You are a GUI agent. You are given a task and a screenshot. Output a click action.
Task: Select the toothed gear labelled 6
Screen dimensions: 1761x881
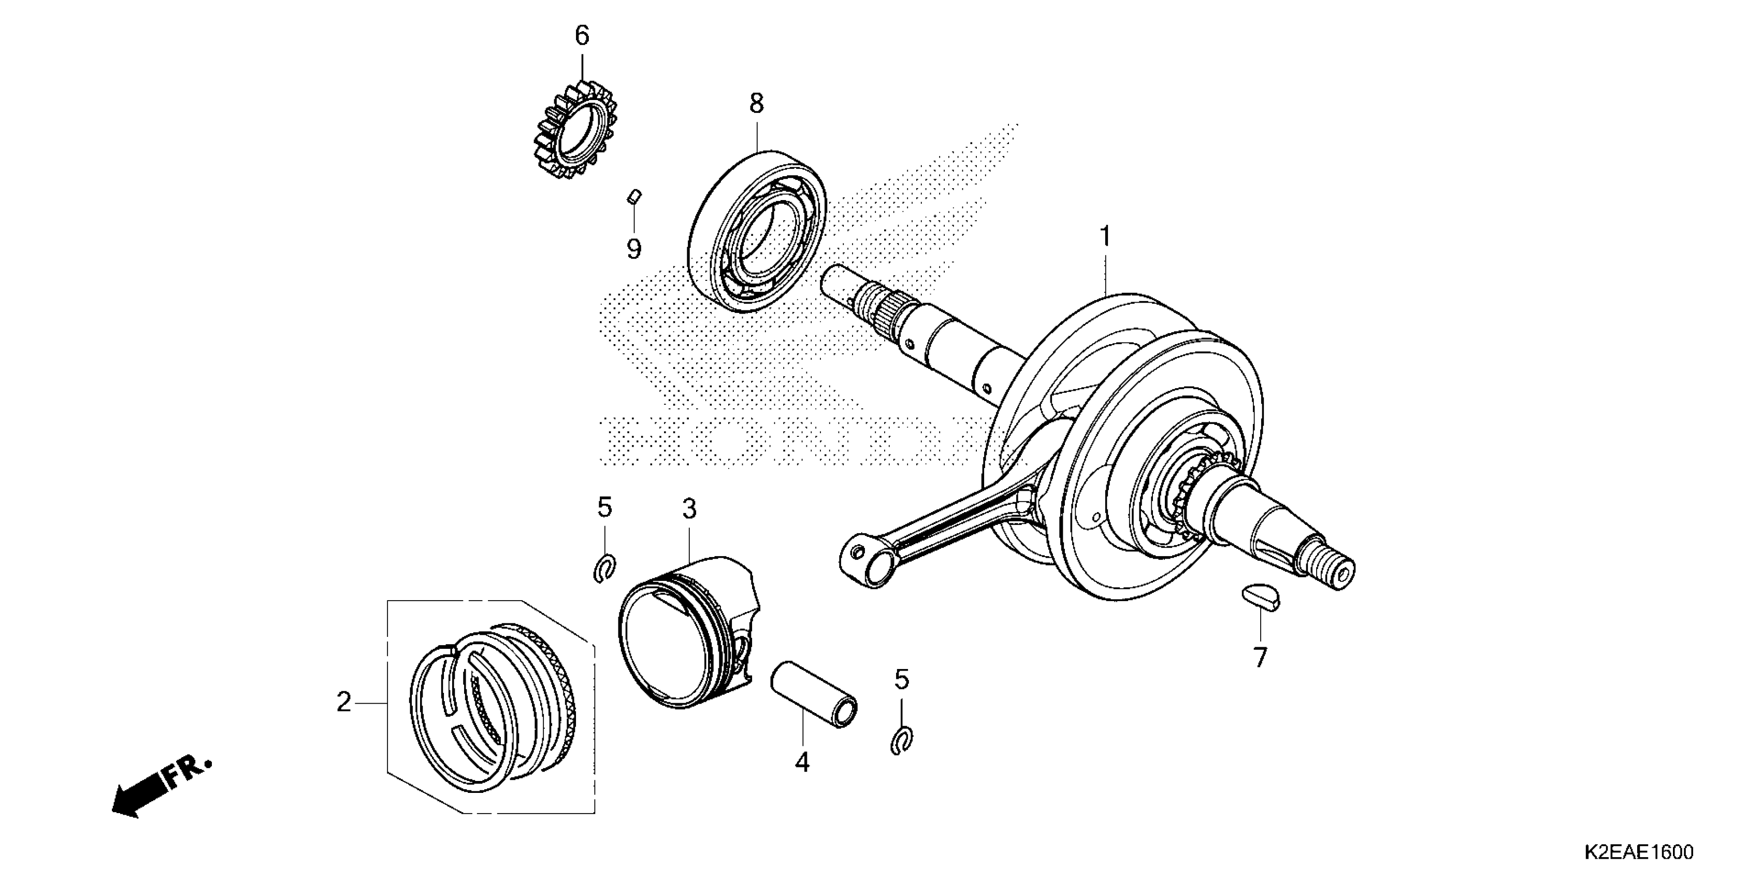click(x=575, y=130)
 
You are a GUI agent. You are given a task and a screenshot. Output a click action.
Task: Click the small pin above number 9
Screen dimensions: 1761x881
click(x=634, y=197)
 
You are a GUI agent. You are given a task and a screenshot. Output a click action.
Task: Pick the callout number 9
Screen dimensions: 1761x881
click(x=634, y=249)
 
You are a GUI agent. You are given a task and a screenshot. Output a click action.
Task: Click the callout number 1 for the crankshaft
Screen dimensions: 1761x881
click(x=1105, y=237)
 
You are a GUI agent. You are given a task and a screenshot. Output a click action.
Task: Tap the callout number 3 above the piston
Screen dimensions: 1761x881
click(x=689, y=508)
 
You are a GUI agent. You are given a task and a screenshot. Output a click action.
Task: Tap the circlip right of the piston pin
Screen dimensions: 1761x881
click(x=902, y=740)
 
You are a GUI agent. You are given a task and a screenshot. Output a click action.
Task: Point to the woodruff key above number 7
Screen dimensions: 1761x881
click(x=1260, y=596)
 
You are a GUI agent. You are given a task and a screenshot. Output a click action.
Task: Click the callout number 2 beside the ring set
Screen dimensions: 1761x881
click(x=343, y=703)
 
